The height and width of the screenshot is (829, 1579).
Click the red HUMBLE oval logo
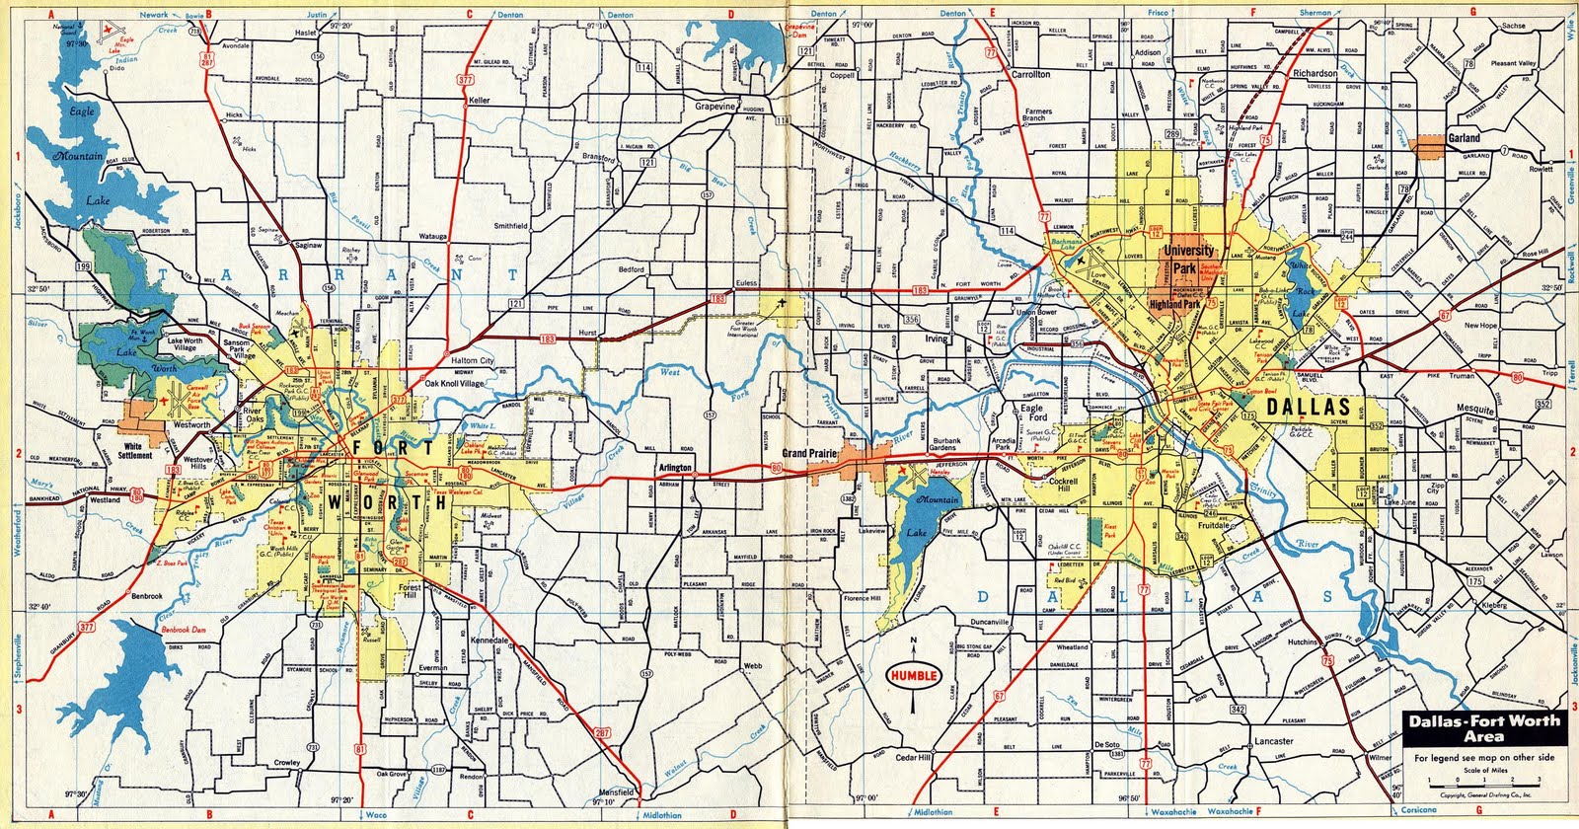(x=913, y=675)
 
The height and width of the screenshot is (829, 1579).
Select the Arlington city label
(x=675, y=467)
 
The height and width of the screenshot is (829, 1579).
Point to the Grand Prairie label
(x=810, y=454)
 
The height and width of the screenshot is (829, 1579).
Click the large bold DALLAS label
(x=1308, y=408)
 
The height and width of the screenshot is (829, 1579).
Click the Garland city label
(x=1463, y=140)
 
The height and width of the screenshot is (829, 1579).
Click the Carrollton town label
(x=1029, y=74)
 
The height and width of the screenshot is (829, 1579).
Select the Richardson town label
(x=1315, y=74)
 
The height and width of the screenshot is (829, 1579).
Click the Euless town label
(x=746, y=283)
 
